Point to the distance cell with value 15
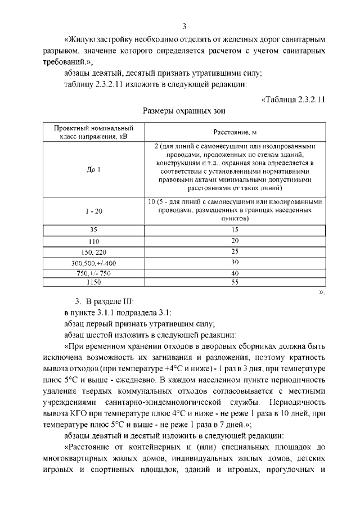tap(235, 230)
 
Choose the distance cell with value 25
tap(235, 251)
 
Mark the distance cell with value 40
tap(235, 272)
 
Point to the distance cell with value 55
tap(235, 282)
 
